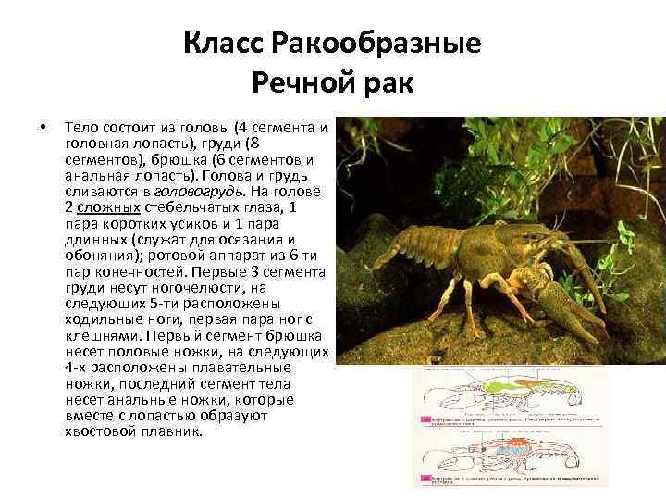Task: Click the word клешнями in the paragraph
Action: pyautogui.click(x=105, y=337)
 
